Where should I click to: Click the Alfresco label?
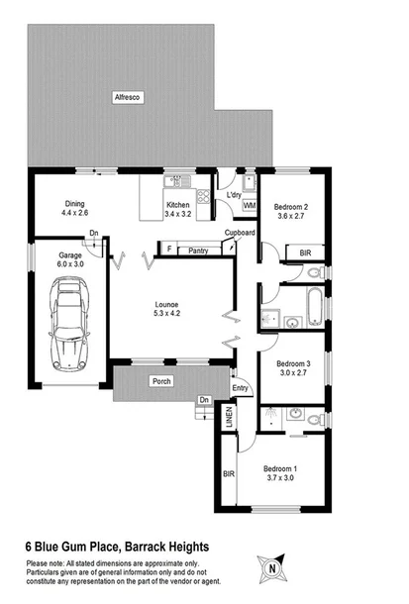coord(128,97)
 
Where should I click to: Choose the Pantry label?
coord(197,251)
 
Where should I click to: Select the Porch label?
coord(161,381)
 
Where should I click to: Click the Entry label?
coord(240,389)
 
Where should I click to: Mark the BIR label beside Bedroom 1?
coord(228,473)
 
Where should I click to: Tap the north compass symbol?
coord(271,568)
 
